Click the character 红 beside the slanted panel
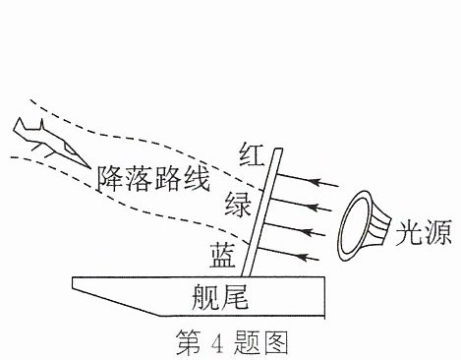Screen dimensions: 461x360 252,154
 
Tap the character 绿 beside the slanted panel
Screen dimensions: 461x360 238,204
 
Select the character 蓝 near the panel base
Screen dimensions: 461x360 223,255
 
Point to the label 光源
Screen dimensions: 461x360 424,232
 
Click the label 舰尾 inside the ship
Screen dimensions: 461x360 220,297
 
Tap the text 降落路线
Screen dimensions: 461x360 153,179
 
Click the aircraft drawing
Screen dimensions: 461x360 51,142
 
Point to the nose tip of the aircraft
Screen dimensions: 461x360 89,167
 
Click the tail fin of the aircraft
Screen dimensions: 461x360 20,125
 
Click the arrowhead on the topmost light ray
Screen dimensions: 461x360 316,181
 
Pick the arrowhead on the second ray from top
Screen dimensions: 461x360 314,207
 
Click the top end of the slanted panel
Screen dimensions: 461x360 278,150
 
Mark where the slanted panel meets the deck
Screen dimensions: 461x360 246,276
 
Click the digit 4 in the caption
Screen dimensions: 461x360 217,342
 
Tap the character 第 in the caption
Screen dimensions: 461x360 188,342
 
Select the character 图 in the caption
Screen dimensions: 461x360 276,342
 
